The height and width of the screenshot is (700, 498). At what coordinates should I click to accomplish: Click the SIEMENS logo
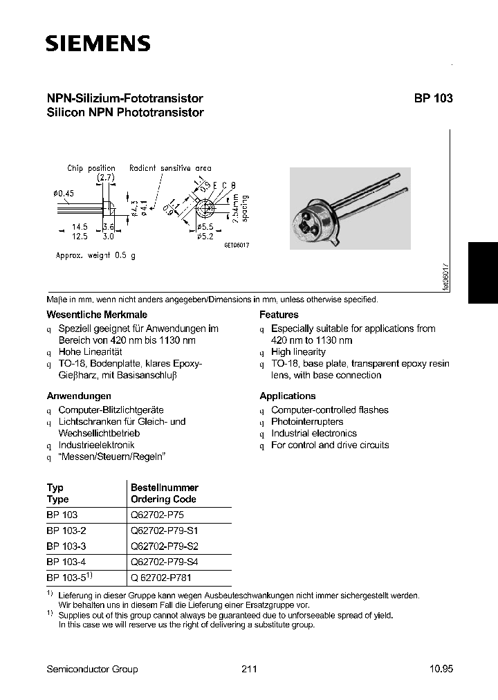click(98, 44)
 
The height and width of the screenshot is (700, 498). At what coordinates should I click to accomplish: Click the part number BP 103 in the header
click(433, 98)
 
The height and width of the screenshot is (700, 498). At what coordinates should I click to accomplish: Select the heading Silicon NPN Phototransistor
click(125, 112)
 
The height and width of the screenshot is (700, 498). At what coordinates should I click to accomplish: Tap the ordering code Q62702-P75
click(157, 515)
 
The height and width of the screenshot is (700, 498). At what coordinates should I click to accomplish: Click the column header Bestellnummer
click(164, 488)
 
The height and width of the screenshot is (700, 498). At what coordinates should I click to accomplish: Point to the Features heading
click(279, 314)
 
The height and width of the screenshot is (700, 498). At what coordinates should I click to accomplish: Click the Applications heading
click(287, 396)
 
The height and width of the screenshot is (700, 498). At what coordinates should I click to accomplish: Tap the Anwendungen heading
click(79, 396)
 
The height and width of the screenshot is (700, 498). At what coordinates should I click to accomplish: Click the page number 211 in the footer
click(250, 669)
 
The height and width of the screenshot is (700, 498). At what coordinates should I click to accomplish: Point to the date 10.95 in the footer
click(441, 669)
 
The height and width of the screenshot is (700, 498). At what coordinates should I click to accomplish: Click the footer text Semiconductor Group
click(92, 669)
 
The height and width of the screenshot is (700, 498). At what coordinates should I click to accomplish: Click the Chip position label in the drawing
click(91, 168)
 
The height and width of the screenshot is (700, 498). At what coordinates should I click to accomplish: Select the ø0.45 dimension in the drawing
click(64, 193)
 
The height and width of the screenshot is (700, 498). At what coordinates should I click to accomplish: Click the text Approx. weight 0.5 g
click(95, 255)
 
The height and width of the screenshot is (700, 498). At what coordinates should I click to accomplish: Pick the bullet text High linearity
click(298, 352)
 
